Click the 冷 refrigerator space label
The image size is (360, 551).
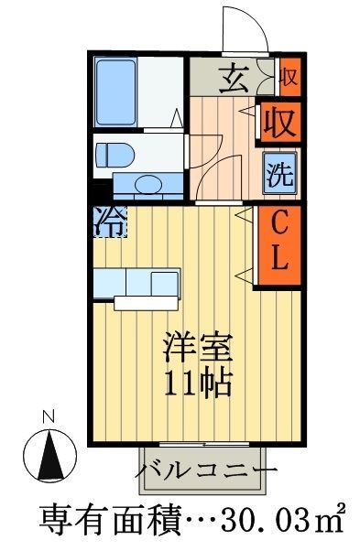click(x=108, y=221)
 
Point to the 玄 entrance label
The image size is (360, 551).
click(x=232, y=79)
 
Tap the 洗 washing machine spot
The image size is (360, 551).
click(x=278, y=173)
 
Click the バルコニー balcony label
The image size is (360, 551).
click(x=207, y=471)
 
